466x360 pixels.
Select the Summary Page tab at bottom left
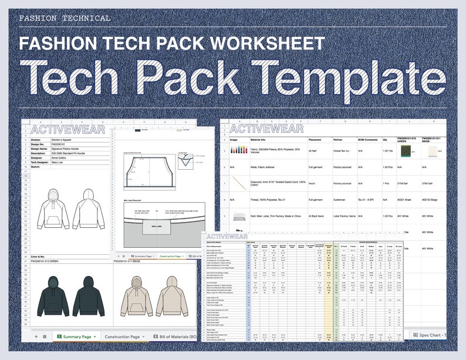[x=76, y=337]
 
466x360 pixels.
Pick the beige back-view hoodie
[x=170, y=294]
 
